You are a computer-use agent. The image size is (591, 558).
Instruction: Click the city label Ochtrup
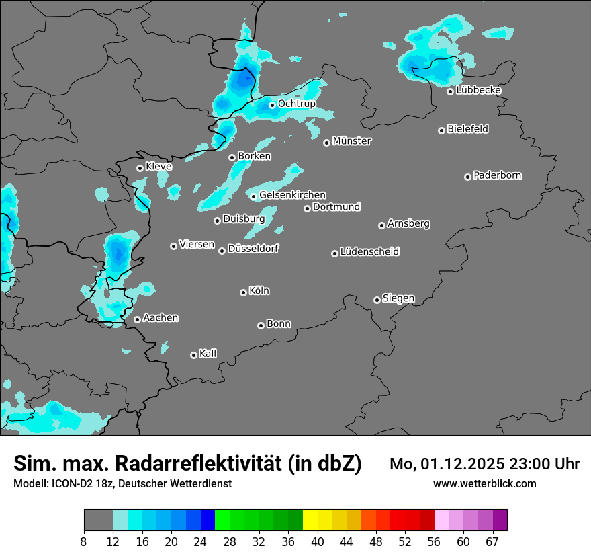click(x=297, y=104)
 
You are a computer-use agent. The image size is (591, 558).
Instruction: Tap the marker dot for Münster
click(x=327, y=143)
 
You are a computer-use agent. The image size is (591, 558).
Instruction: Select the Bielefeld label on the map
click(x=467, y=129)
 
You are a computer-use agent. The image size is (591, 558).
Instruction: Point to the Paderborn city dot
click(x=468, y=177)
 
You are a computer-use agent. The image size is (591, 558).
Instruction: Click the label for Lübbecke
click(x=478, y=90)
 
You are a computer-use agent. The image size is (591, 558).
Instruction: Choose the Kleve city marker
click(x=140, y=168)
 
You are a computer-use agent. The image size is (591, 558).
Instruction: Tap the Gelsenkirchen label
click(x=292, y=195)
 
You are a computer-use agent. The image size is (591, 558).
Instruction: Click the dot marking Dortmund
click(x=308, y=208)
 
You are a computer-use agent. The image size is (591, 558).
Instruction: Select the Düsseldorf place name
click(x=253, y=249)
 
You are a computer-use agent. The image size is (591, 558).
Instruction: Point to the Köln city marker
click(x=244, y=292)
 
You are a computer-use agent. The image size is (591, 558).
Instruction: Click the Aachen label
click(x=161, y=318)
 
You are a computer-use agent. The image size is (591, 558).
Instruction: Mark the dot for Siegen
click(x=377, y=300)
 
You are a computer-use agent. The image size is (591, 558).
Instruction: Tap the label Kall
click(x=208, y=354)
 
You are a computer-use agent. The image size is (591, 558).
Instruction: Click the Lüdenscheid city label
click(x=369, y=252)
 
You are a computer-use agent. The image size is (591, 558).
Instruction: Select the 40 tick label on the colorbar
click(x=318, y=541)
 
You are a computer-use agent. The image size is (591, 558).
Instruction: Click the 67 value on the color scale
click(x=492, y=541)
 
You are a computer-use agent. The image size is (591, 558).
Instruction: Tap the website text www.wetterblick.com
click(x=485, y=484)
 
